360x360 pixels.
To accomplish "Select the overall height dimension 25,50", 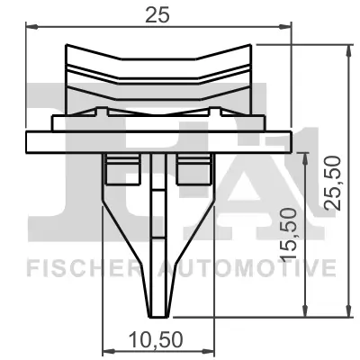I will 335,183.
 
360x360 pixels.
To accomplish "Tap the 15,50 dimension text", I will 291,233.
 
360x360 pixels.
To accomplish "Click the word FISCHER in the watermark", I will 78,267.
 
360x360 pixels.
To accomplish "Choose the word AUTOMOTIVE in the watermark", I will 247,267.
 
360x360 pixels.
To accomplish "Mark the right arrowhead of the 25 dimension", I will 290,27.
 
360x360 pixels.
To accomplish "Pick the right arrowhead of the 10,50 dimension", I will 212,350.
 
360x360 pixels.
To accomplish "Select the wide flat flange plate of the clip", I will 160,141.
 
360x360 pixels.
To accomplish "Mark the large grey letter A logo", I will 270,180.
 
